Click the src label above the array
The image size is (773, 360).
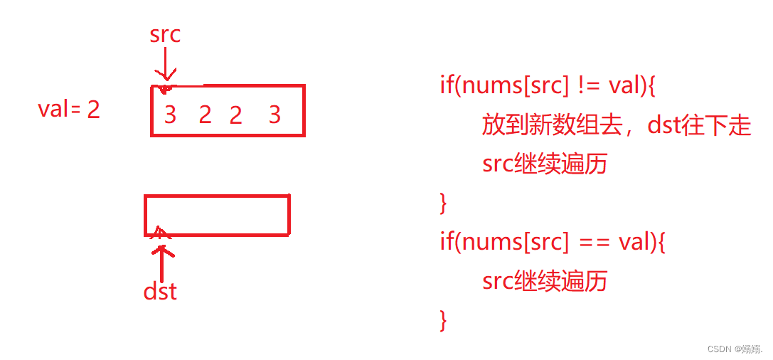(165, 35)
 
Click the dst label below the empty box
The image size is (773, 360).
(160, 290)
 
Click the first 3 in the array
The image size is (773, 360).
(170, 114)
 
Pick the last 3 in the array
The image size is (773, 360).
(274, 114)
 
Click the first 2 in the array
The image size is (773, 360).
(205, 114)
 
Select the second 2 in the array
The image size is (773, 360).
(235, 114)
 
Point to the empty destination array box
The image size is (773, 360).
(217, 215)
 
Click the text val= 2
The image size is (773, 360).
(69, 110)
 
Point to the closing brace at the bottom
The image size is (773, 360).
(444, 319)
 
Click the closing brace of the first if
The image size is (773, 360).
(444, 203)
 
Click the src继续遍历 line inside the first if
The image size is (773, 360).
(544, 164)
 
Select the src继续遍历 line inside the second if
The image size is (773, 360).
(544, 281)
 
